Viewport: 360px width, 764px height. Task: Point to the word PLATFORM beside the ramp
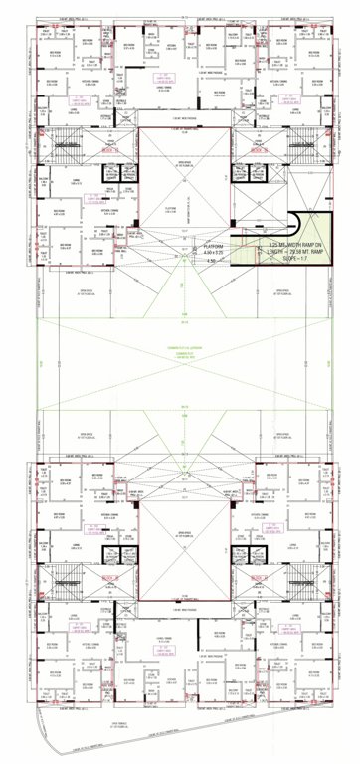tap(213, 245)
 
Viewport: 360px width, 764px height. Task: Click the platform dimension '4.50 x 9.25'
tap(214, 253)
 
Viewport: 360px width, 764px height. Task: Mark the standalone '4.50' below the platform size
tap(210, 261)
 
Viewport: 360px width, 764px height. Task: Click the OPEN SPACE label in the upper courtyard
tap(179, 166)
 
